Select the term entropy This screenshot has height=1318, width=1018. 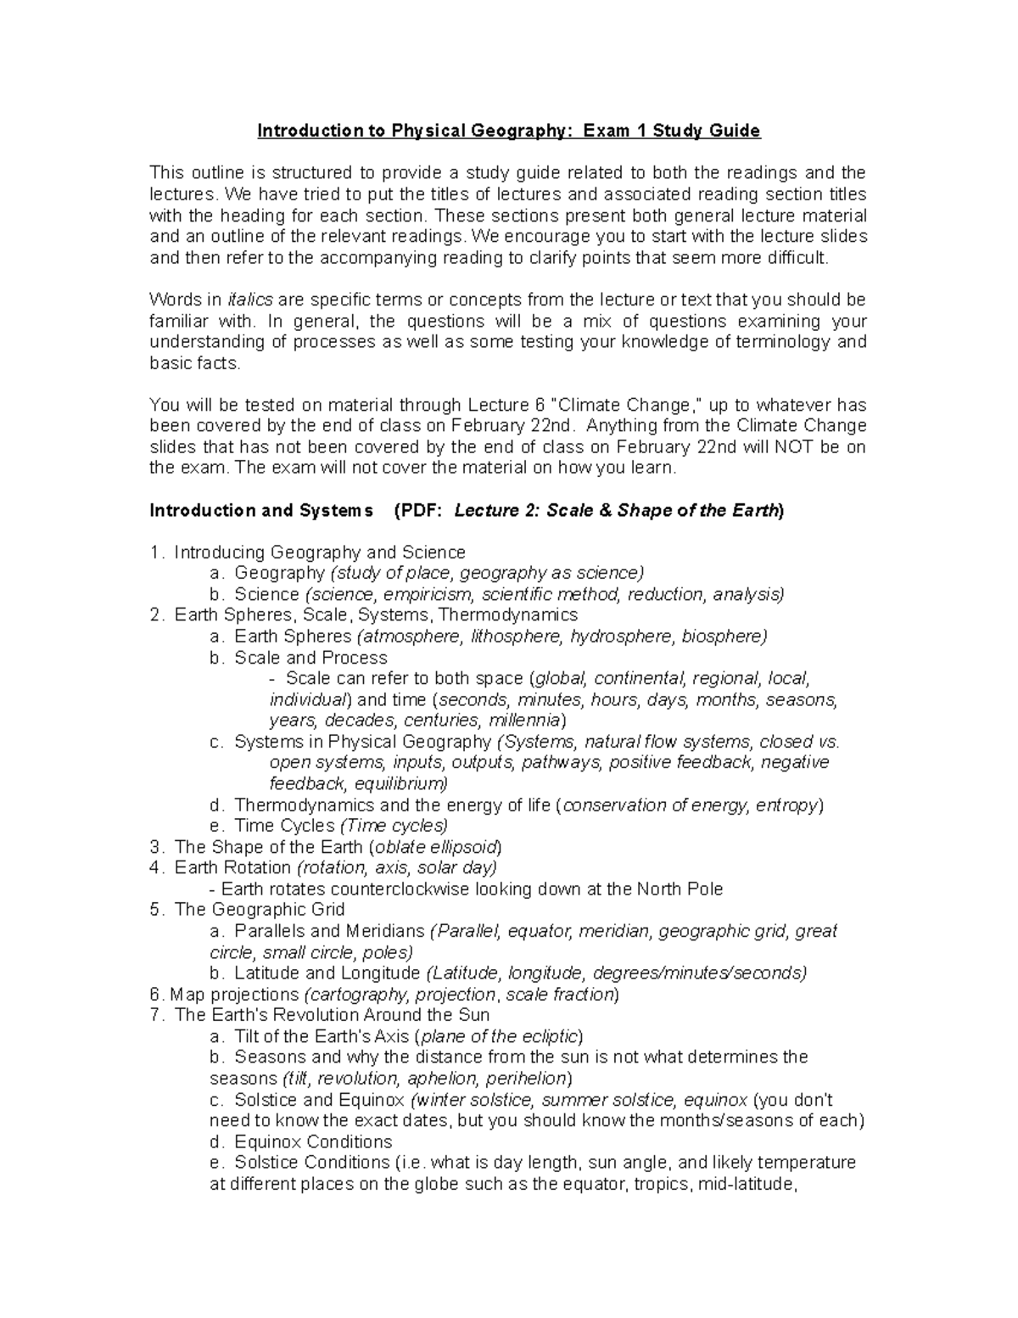tap(786, 805)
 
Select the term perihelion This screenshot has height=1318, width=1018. tap(529, 1079)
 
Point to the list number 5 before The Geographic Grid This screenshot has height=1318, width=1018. tap(154, 910)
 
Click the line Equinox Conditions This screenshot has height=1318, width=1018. tap(312, 1141)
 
